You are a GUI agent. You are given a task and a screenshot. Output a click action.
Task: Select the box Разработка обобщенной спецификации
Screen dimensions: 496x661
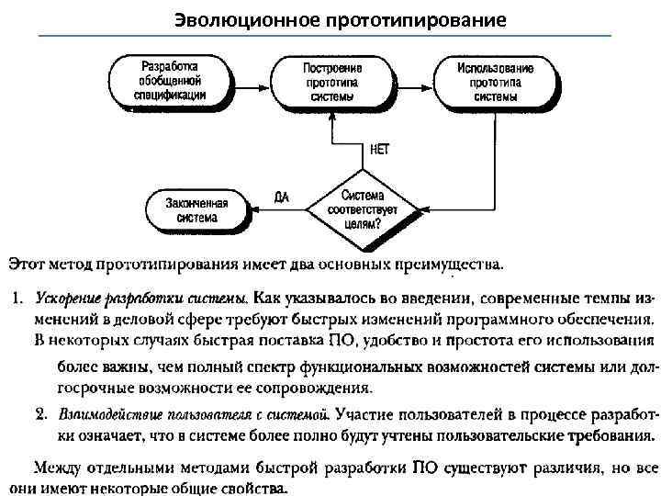[x=170, y=80]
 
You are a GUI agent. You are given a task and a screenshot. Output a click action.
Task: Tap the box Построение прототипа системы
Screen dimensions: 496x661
[x=332, y=80]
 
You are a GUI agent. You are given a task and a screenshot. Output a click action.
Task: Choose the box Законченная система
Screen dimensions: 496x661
[x=198, y=210]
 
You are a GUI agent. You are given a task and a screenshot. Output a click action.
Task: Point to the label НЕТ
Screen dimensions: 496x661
[x=384, y=148]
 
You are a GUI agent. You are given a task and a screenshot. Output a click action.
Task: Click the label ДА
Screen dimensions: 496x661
[x=283, y=197]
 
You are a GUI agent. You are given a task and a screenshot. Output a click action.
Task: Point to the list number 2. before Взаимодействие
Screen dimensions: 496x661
[x=41, y=411]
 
